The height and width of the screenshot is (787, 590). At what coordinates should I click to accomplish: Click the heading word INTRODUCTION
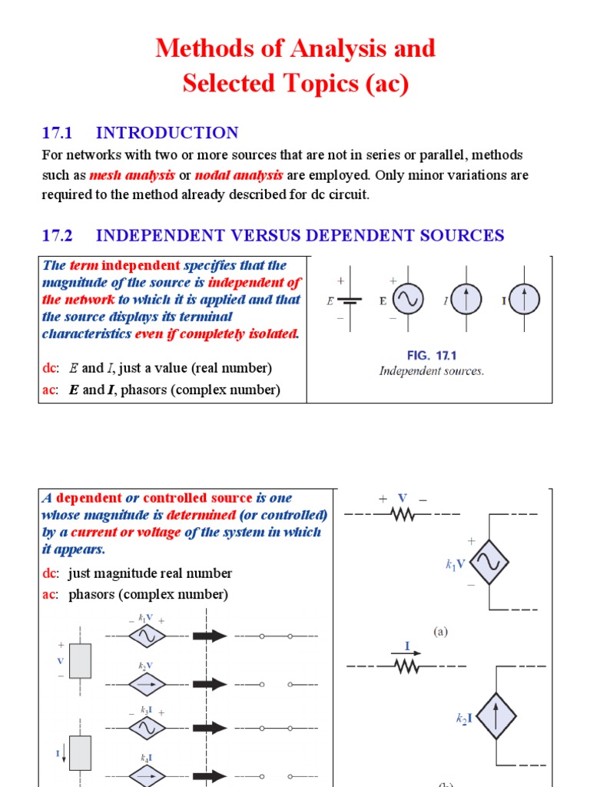pyautogui.click(x=167, y=132)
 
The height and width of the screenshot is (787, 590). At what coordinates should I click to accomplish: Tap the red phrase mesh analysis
pyautogui.click(x=132, y=174)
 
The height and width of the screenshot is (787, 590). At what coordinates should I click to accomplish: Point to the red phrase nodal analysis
pyautogui.click(x=239, y=174)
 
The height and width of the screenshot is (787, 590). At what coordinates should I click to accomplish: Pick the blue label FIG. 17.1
pyautogui.click(x=432, y=355)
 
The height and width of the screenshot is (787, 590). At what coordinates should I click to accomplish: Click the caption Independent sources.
pyautogui.click(x=432, y=371)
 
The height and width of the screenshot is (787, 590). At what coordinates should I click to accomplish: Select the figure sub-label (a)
pyautogui.click(x=439, y=632)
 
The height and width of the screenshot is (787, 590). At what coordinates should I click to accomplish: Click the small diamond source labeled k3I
pyautogui.click(x=147, y=728)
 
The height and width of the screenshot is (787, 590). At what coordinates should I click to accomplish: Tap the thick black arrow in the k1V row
pyautogui.click(x=209, y=636)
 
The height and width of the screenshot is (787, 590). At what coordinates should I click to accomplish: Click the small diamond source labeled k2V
pyautogui.click(x=147, y=683)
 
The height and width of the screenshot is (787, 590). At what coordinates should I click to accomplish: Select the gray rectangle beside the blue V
pyautogui.click(x=81, y=661)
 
